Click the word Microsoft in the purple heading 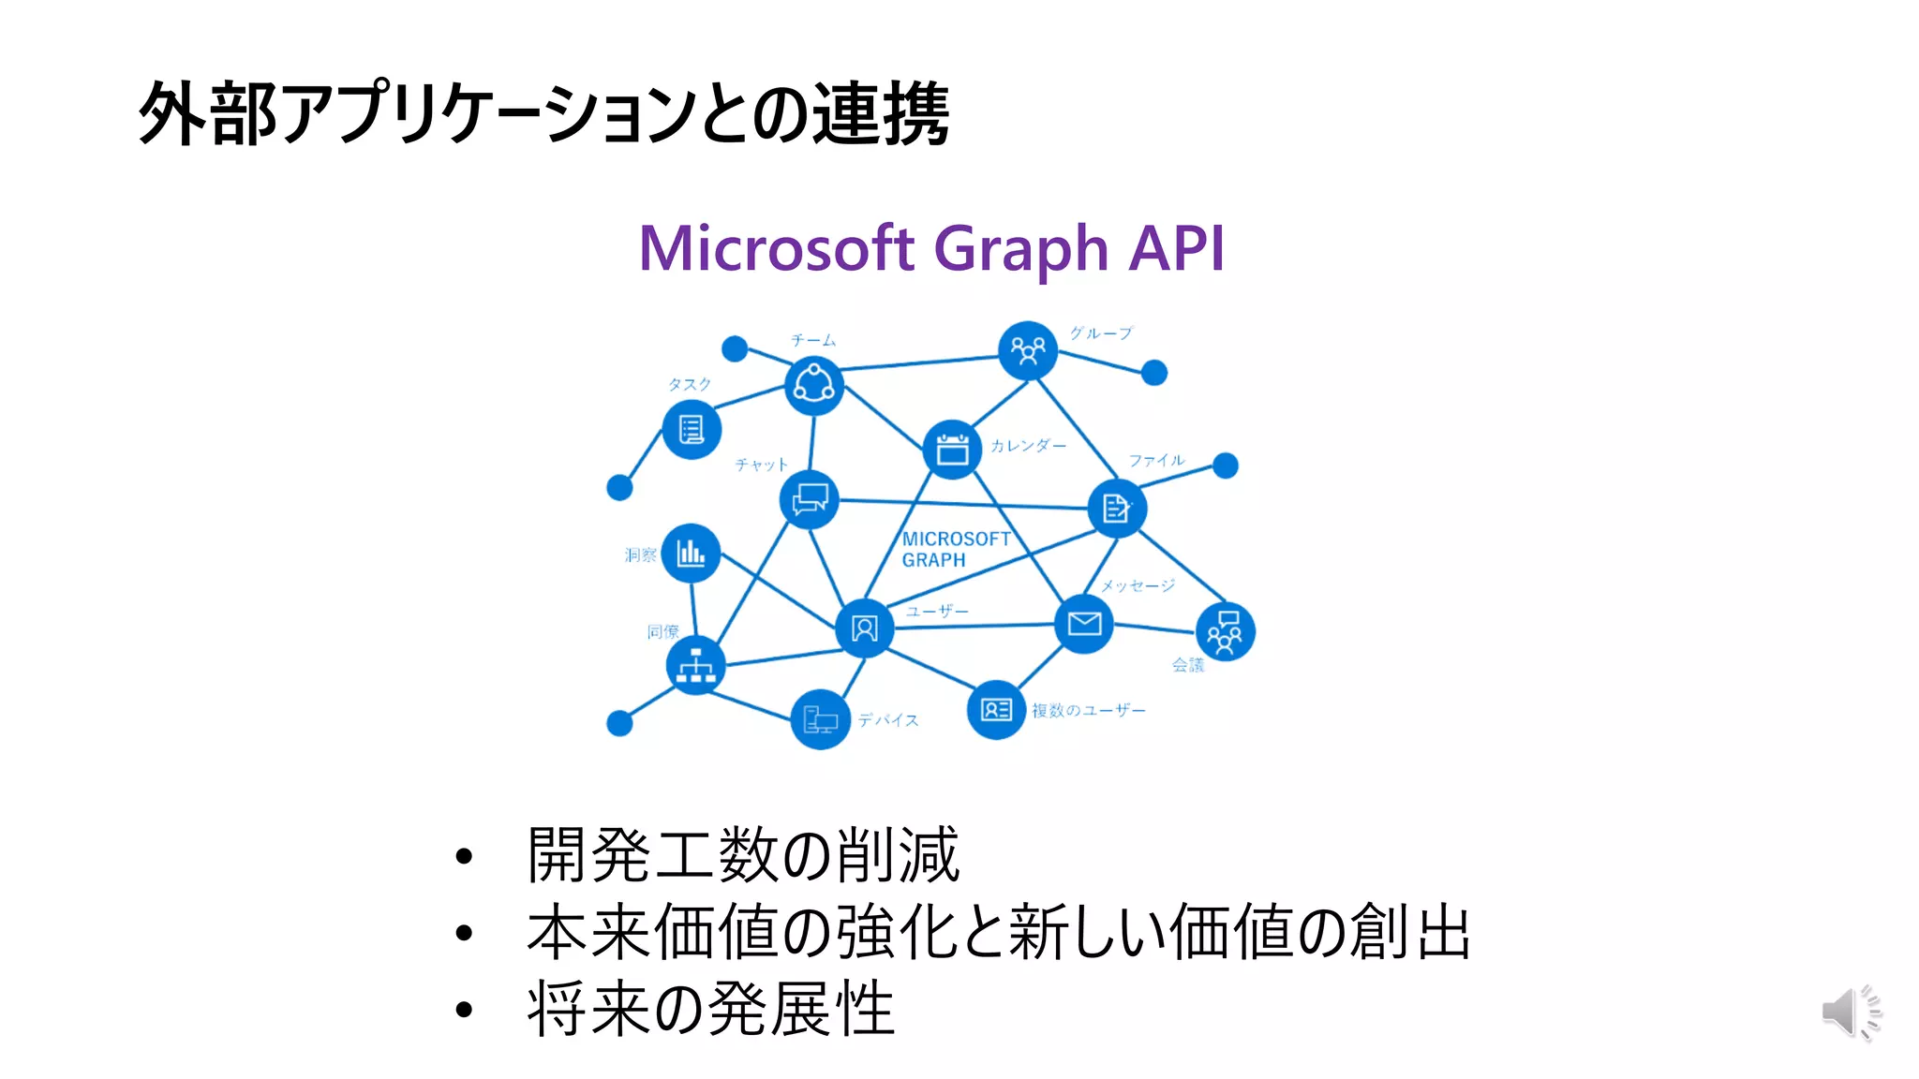776,249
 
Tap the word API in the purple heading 1176,249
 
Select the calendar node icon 952,450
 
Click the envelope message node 1084,624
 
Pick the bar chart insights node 692,553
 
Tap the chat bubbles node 810,499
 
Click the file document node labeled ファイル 1117,509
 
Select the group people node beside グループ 1028,351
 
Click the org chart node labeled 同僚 695,665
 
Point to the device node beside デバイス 821,719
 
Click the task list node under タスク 692,430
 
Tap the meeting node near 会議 1225,631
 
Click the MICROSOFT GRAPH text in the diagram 956,550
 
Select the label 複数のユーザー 1089,710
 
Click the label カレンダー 1028,446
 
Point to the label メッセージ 1138,585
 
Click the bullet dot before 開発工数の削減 464,856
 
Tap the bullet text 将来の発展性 710,1010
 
